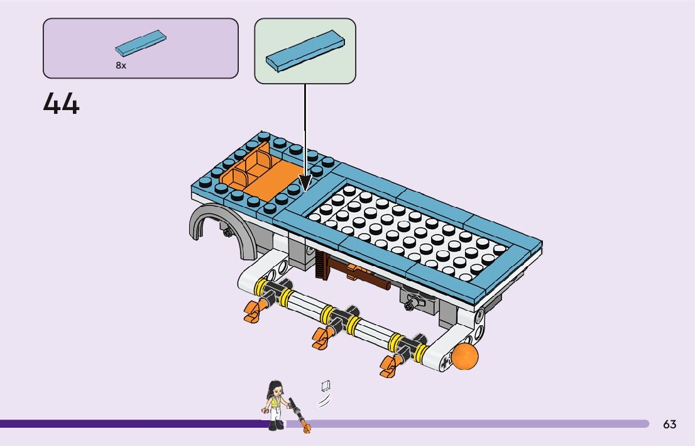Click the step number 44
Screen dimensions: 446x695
62,104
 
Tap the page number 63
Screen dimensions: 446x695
669,425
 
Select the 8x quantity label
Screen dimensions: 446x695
121,65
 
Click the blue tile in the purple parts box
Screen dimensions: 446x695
141,42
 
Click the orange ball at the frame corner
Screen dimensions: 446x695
466,356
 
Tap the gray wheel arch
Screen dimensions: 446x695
214,226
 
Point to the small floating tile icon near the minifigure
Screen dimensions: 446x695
326,386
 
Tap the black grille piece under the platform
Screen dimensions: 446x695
322,264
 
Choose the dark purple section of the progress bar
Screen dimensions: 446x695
126,424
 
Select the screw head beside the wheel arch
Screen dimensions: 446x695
226,233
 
